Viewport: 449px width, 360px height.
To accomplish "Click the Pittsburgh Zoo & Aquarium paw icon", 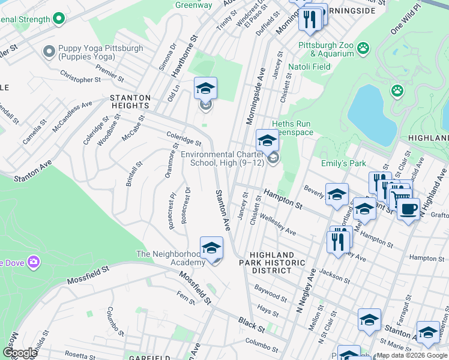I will point(363,47).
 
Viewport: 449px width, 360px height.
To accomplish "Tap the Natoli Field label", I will point(310,67).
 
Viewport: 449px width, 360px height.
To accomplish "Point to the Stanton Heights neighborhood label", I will point(128,101).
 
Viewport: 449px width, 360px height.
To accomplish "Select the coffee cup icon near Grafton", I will point(408,210).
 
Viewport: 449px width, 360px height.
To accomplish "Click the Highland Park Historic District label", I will point(273,263).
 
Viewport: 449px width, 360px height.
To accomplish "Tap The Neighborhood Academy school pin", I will point(211,249).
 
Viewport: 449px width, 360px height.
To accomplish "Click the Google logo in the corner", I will point(19,352).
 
